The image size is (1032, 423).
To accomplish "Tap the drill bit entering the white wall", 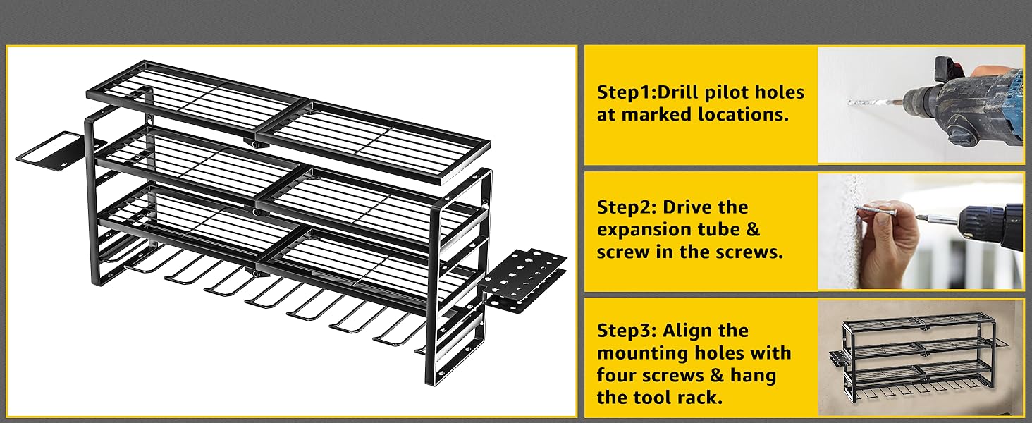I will pyautogui.click(x=871, y=103).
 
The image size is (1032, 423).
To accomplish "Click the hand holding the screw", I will pyautogui.click(x=890, y=247).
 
